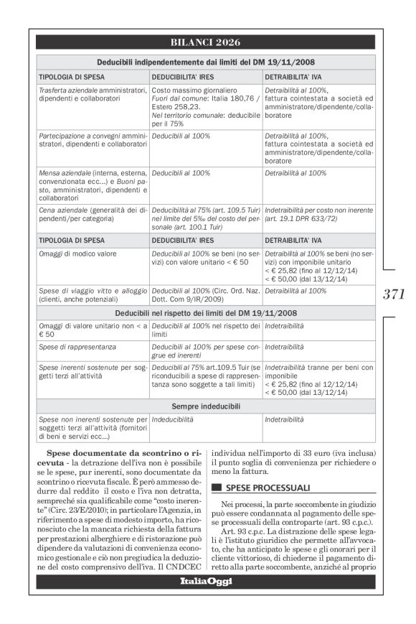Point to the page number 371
pos(394,294)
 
